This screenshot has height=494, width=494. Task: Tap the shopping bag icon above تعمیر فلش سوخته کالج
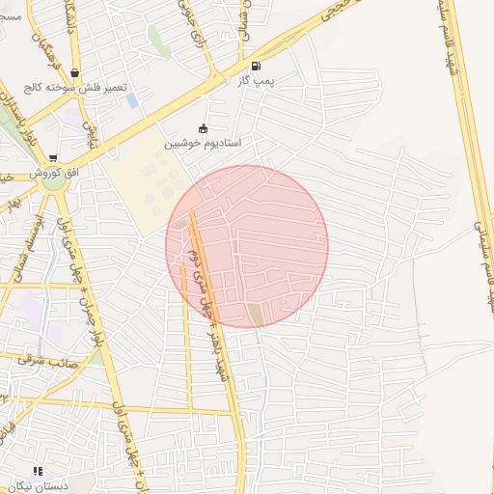[74, 72]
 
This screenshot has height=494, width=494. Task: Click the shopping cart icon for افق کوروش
[52, 157]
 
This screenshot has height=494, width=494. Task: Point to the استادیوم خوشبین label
[203, 143]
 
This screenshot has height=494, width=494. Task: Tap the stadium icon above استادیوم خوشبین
[203, 128]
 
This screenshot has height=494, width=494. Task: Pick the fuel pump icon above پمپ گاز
[256, 67]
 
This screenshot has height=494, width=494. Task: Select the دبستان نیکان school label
[37, 486]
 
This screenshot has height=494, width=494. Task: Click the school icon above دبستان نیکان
[38, 472]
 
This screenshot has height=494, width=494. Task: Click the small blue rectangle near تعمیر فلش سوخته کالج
[132, 99]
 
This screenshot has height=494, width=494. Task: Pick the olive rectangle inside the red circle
[255, 314]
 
